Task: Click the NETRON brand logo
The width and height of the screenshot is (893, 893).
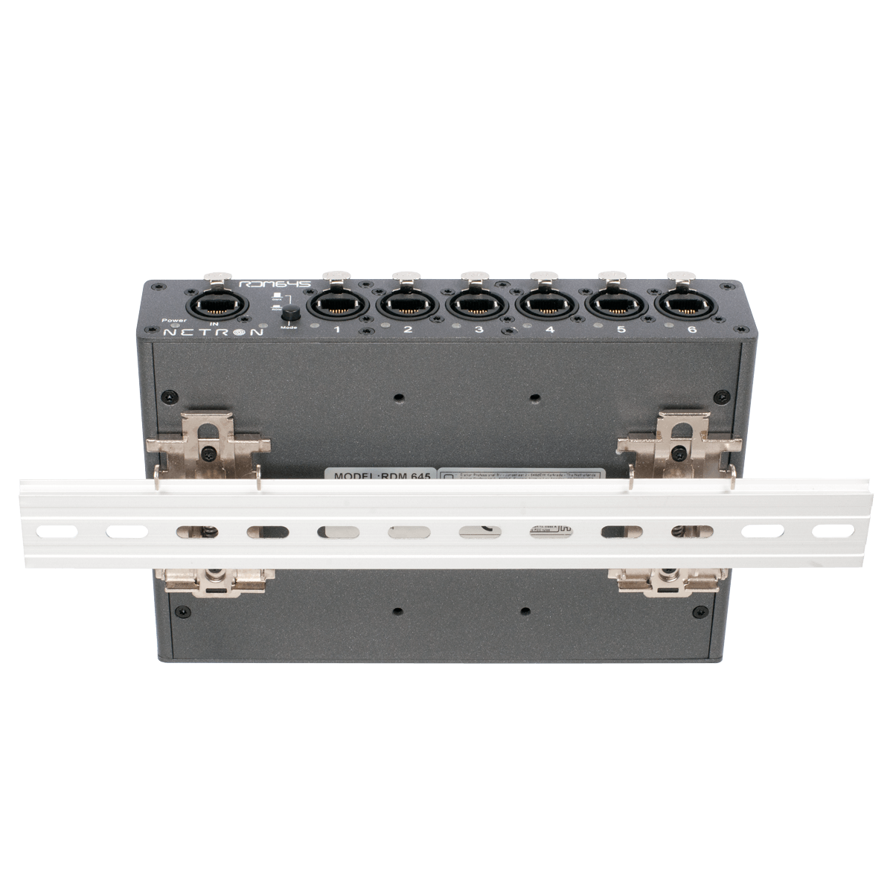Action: coord(213,333)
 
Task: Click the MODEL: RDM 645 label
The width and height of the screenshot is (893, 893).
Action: coord(380,475)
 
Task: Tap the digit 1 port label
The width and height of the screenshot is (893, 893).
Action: coord(336,330)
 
